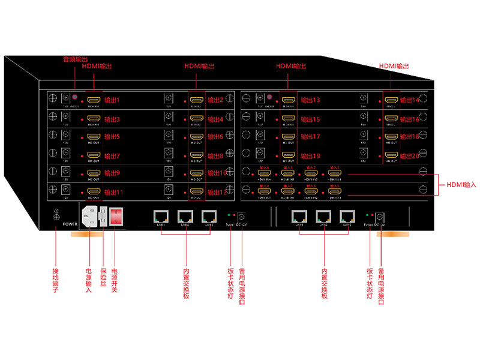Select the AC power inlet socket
(x=89, y=217)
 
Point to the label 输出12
(x=215, y=192)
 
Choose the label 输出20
(x=410, y=155)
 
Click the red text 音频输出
(x=76, y=59)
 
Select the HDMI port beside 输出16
(x=391, y=118)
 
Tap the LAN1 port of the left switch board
(x=160, y=216)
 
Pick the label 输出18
(x=410, y=137)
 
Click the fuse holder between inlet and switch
(x=103, y=217)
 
